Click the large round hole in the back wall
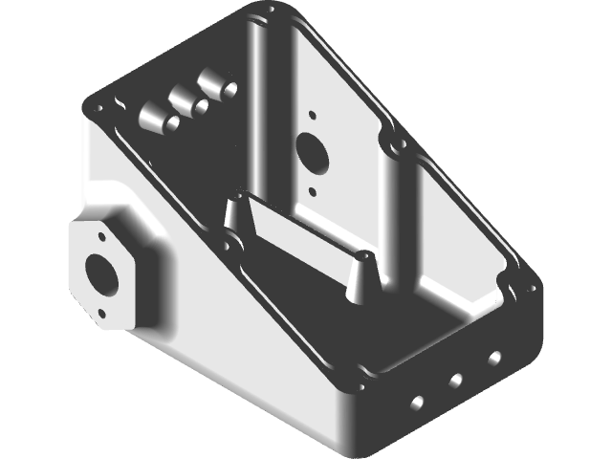313,150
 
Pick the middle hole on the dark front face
456,380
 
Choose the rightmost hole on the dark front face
494,359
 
